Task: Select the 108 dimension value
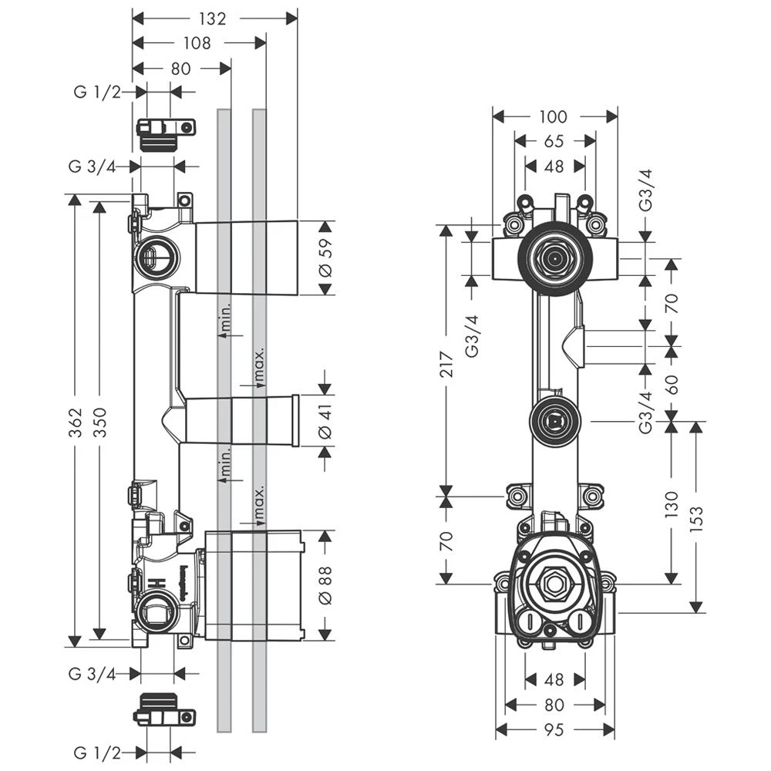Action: (197, 43)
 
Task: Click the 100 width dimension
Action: (553, 117)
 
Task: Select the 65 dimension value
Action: (553, 142)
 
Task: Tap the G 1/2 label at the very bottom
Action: (97, 752)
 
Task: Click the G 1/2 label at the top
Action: (97, 93)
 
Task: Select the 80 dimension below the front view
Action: (554, 704)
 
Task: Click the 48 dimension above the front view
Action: (553, 166)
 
